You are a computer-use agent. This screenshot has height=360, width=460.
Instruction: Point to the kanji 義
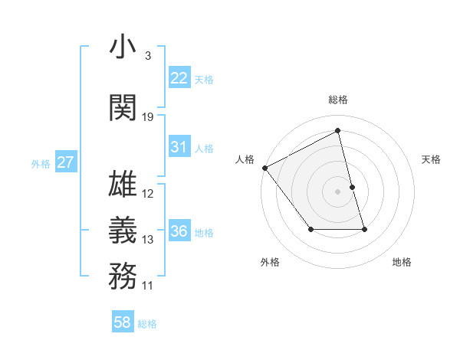pyautogui.click(x=123, y=231)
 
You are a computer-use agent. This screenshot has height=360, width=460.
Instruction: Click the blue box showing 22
pyautogui.click(x=179, y=78)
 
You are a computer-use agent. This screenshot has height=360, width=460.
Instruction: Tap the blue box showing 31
pyautogui.click(x=179, y=147)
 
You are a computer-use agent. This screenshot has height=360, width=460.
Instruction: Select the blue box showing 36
pyautogui.click(x=179, y=231)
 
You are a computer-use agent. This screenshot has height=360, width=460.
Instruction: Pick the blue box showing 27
pyautogui.click(x=66, y=162)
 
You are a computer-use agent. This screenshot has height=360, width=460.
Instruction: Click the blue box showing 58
pyautogui.click(x=123, y=322)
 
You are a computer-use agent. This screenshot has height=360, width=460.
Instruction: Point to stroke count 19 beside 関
pyautogui.click(x=148, y=117)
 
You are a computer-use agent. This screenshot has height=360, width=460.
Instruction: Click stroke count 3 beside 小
pyautogui.click(x=147, y=56)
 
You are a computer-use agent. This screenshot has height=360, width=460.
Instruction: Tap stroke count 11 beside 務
pyautogui.click(x=148, y=286)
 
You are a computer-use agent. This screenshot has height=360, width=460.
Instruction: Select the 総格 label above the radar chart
pyautogui.click(x=338, y=100)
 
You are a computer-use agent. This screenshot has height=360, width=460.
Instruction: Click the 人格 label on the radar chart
pyautogui.click(x=245, y=159)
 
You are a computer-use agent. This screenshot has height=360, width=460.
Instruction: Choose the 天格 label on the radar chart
pyautogui.click(x=432, y=159)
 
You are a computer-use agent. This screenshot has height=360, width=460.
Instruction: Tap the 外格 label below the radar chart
pyautogui.click(x=270, y=262)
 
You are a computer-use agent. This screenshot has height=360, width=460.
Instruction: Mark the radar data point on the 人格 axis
pyautogui.click(x=264, y=168)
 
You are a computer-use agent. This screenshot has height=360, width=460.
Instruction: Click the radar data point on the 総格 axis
pyautogui.click(x=338, y=131)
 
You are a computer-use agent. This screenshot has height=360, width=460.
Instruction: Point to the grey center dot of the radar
pyautogui.click(x=338, y=191)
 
